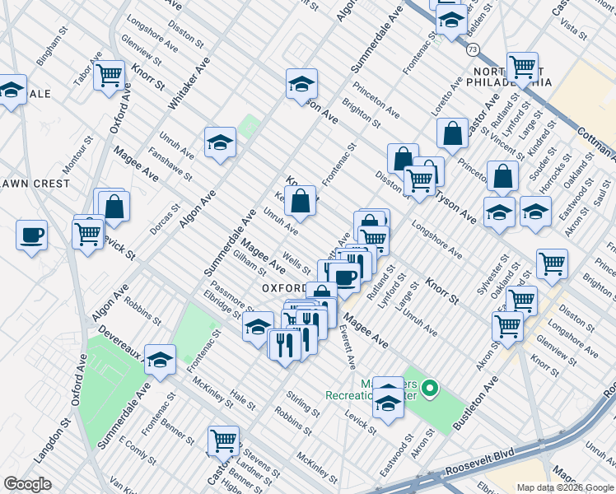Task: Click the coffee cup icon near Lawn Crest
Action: (31, 235)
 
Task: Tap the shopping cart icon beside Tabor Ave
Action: (109, 76)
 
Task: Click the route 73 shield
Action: (471, 49)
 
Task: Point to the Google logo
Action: (27, 484)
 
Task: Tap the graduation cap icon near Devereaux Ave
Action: (161, 359)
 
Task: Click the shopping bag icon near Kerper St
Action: (302, 200)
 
